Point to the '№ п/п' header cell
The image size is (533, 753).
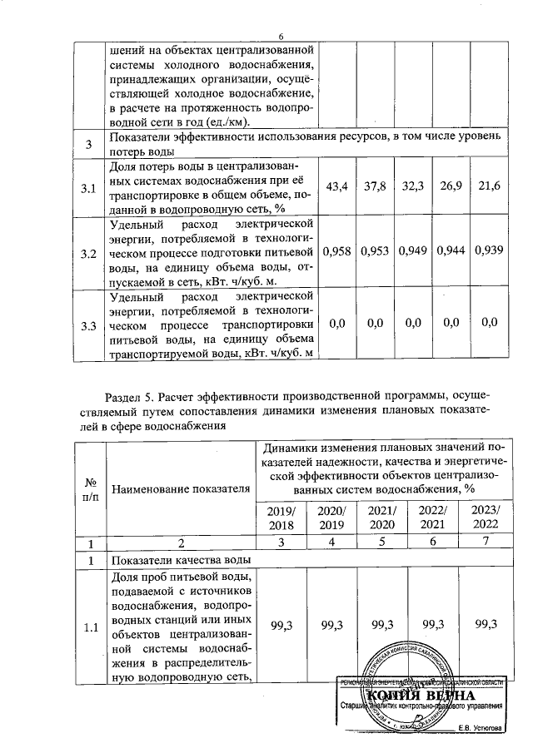(x=87, y=489)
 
